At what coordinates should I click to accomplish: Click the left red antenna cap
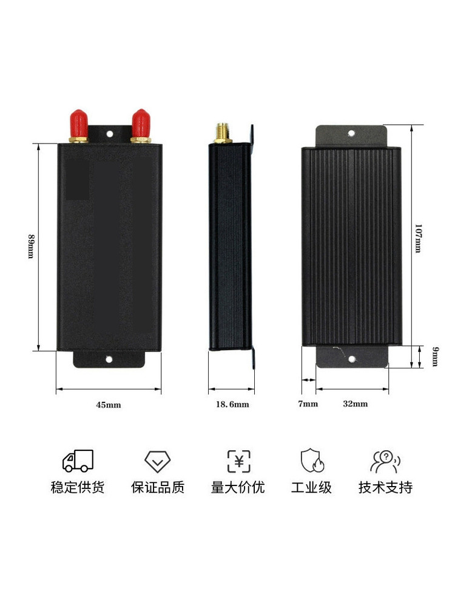click(x=78, y=123)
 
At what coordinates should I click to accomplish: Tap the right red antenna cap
click(x=141, y=123)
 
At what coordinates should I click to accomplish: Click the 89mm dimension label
click(x=31, y=246)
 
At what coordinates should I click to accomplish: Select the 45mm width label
click(x=109, y=405)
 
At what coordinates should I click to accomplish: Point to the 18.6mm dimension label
click(x=232, y=404)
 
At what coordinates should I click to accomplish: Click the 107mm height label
click(x=418, y=238)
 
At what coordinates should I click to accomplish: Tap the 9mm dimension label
click(x=435, y=356)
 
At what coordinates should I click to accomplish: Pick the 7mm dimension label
click(x=308, y=404)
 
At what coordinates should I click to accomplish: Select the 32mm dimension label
click(x=355, y=404)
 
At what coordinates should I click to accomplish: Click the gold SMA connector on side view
click(x=223, y=133)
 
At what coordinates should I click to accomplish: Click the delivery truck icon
click(x=78, y=461)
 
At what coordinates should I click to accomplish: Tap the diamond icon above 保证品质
click(x=158, y=461)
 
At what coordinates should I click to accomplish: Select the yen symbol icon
click(x=238, y=461)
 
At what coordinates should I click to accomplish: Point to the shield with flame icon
click(x=312, y=461)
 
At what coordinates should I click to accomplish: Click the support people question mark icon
click(x=385, y=461)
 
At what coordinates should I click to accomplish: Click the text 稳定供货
click(x=78, y=487)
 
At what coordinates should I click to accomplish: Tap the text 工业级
click(x=311, y=487)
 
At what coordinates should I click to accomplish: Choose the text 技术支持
click(x=385, y=487)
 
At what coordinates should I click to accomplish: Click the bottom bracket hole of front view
click(x=109, y=359)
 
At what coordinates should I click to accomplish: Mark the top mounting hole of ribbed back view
click(x=351, y=133)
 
